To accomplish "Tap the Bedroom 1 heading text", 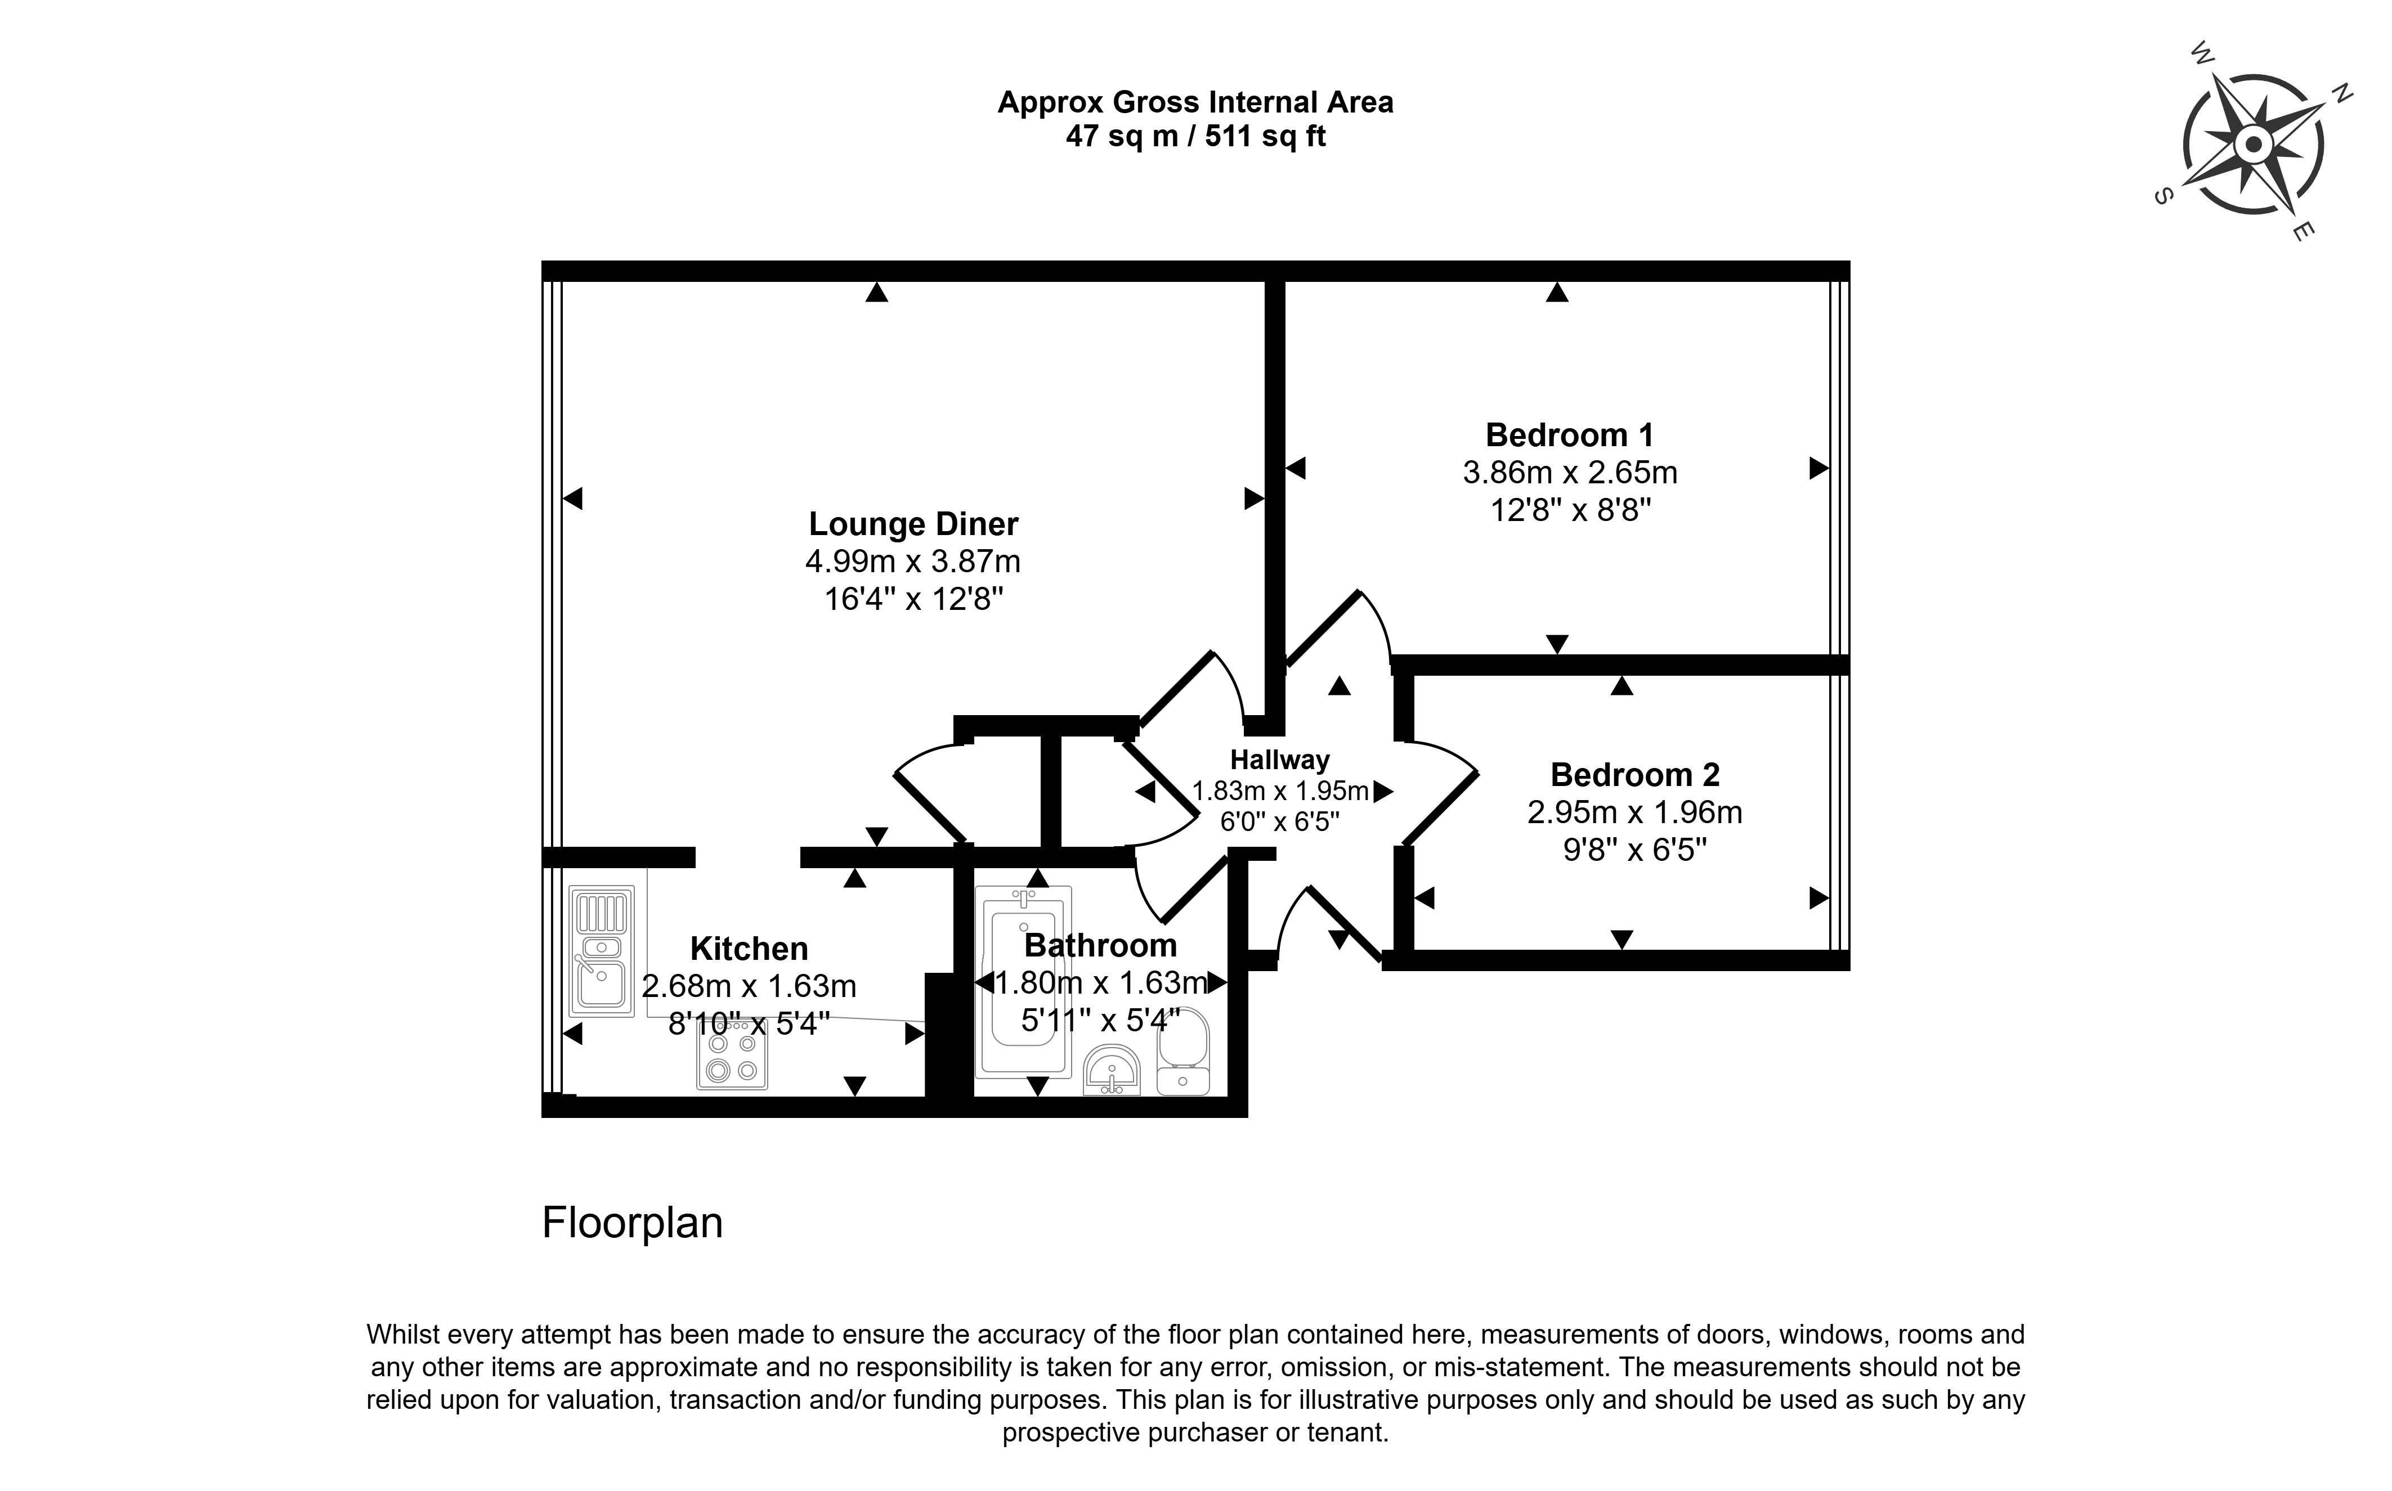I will [x=1569, y=435].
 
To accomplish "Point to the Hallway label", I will [x=1279, y=760].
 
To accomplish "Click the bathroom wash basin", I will [x=1112, y=1070].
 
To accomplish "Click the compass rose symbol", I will [x=2252, y=146].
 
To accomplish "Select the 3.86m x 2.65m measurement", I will [x=1569, y=473].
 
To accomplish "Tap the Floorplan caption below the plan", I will [x=632, y=1223].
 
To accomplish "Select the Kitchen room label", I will [x=749, y=949].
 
